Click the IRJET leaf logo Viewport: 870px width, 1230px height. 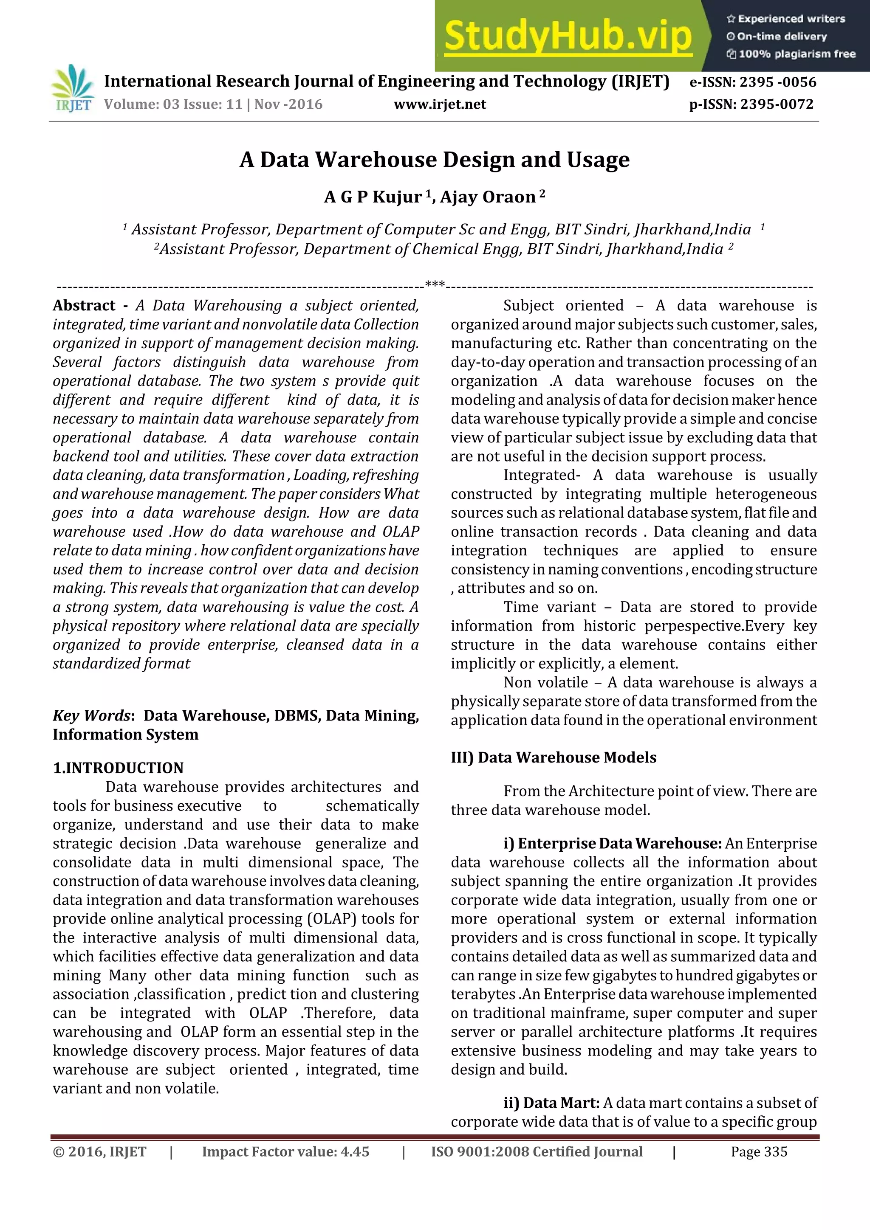[x=72, y=88]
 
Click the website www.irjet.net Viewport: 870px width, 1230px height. [x=440, y=104]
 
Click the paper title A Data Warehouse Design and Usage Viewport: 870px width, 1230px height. [x=435, y=160]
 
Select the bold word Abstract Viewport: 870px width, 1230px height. [x=84, y=305]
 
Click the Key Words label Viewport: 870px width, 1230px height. [x=92, y=716]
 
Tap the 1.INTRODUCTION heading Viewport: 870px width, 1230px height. [x=118, y=768]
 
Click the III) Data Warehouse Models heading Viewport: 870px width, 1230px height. [x=553, y=757]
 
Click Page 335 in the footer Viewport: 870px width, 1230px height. [x=759, y=1151]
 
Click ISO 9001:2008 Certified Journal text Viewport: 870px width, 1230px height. [x=536, y=1151]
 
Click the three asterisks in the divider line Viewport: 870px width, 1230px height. [x=435, y=284]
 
